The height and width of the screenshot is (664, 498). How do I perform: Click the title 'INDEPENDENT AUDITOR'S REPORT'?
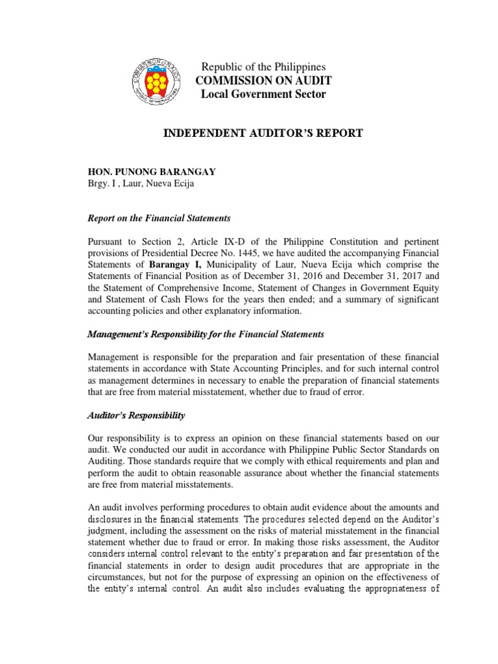(262, 134)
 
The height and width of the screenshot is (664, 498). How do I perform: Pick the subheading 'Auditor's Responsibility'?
(136, 414)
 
